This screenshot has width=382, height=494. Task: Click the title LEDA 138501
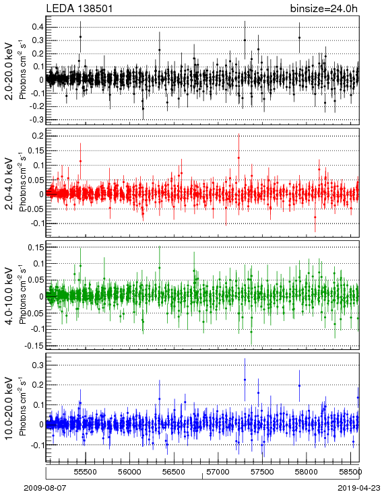pos(79,8)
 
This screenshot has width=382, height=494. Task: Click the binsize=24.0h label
pos(323,8)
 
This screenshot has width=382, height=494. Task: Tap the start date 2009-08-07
pos(45,488)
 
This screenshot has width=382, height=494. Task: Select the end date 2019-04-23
pos(359,488)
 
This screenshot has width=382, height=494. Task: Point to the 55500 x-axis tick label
pos(86,472)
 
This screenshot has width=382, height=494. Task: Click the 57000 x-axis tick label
pos(218,472)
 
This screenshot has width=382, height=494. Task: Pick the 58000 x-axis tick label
pos(307,472)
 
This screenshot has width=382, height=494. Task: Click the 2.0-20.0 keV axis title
pos(10,71)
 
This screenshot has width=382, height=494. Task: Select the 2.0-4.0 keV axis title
pos(10,183)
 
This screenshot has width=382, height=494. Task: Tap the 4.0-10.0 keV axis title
pos(10,296)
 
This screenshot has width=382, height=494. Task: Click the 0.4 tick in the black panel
pos(38,27)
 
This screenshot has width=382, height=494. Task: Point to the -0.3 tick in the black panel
pos(36,120)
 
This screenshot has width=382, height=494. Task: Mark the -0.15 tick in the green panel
pos(35,346)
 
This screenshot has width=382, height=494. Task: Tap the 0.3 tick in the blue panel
pos(38,365)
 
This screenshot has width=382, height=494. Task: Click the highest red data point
pos(238,158)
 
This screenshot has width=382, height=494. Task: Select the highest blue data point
pos(245,380)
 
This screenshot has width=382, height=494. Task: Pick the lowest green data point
pos(251,332)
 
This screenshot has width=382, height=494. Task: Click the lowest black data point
pos(144,108)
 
